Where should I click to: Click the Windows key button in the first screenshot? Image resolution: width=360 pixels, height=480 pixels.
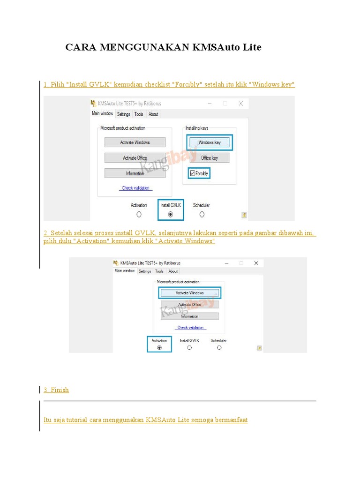click(209, 142)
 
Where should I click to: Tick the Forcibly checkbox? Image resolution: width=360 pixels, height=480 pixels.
click(193, 173)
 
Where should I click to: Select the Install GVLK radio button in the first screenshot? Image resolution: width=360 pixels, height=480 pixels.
click(170, 214)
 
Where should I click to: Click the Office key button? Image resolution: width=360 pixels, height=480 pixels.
click(209, 158)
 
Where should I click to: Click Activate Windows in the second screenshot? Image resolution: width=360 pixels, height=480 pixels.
click(190, 292)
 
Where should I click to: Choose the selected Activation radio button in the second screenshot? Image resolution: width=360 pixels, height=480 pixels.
click(159, 347)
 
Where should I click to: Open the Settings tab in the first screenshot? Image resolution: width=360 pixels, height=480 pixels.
click(124, 114)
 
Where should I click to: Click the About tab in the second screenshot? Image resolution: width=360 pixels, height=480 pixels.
click(173, 271)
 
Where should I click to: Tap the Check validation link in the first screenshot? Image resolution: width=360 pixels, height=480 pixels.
click(135, 188)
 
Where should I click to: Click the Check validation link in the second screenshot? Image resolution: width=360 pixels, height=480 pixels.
click(190, 327)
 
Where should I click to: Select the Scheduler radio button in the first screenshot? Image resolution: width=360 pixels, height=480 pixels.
click(202, 214)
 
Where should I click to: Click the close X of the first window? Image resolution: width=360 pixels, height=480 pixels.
click(240, 103)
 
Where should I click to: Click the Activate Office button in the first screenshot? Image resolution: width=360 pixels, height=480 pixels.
click(135, 158)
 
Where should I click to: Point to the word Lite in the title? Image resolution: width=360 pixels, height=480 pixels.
click(251, 47)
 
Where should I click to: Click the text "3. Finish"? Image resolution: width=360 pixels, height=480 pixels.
click(56, 390)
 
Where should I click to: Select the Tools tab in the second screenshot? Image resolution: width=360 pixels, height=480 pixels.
click(159, 271)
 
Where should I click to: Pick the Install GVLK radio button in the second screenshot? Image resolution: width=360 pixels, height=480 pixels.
click(189, 347)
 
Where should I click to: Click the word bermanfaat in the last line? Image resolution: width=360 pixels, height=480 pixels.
click(231, 420)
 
